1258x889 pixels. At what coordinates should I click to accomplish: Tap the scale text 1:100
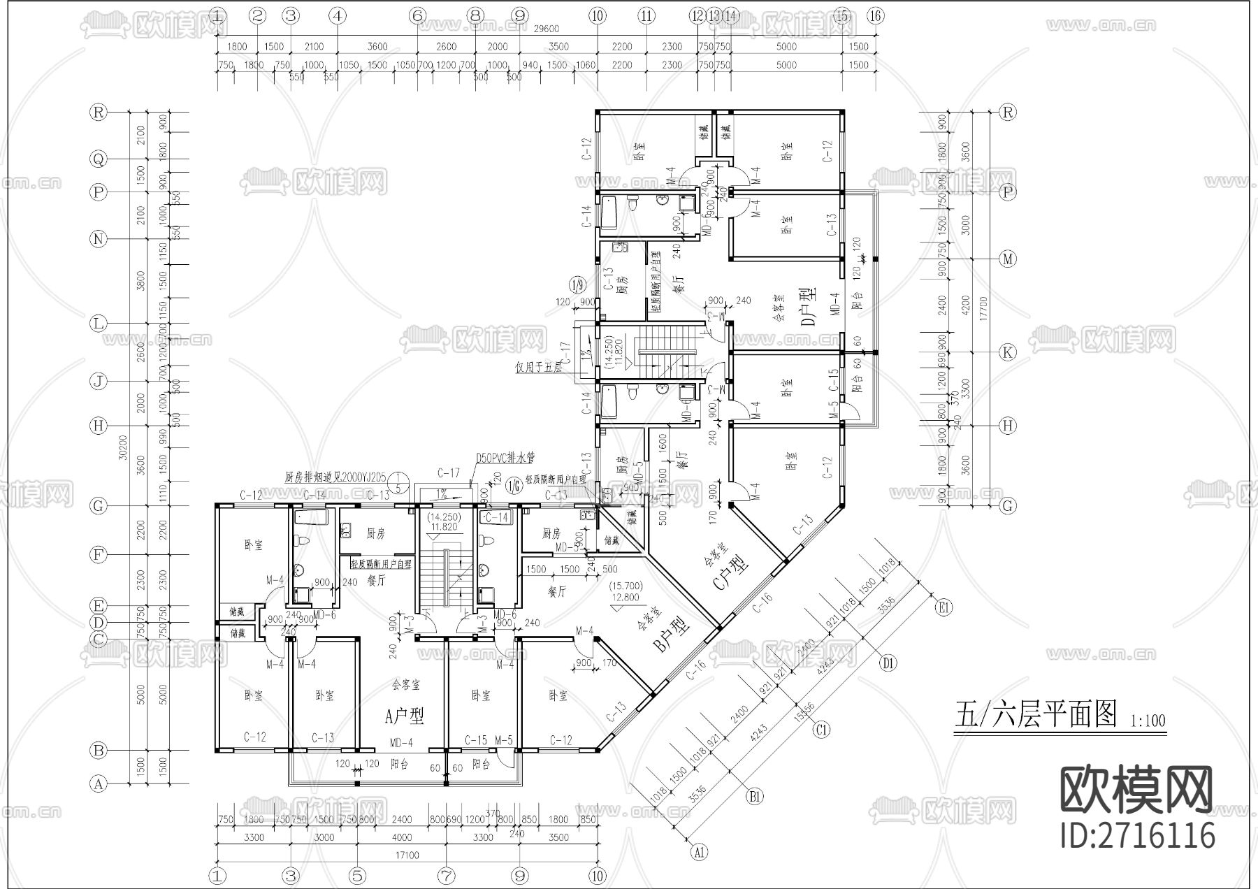(x=1148, y=720)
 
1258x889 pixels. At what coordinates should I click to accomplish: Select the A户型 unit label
(x=405, y=715)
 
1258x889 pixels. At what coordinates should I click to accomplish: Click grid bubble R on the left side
(x=99, y=112)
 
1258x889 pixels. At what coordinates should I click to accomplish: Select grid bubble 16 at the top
(x=876, y=15)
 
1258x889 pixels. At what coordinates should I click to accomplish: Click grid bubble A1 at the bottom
(x=698, y=852)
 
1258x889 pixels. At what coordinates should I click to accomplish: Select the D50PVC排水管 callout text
(x=505, y=458)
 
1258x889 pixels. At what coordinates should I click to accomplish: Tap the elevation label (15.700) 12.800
(x=625, y=591)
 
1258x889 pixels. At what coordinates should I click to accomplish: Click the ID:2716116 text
(x=1137, y=834)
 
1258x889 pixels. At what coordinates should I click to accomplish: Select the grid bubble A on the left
(x=99, y=784)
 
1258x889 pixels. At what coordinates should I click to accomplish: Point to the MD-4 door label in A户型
(x=401, y=742)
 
